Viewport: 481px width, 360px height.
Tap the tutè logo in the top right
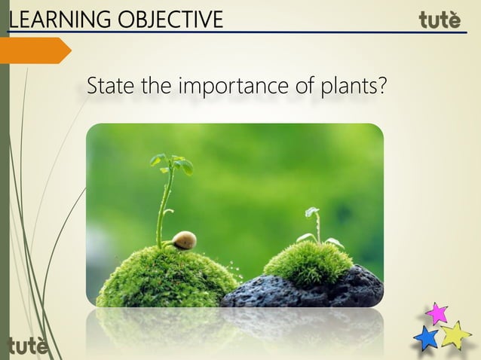(x=440, y=20)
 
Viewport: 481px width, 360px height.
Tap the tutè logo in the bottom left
(x=27, y=346)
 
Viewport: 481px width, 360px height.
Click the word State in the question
(x=109, y=87)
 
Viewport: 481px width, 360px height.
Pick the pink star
(x=436, y=313)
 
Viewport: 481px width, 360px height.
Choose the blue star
(x=426, y=338)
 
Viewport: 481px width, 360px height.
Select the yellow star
(x=455, y=334)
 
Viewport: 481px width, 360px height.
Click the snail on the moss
(x=183, y=240)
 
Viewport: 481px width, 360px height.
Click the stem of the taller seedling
(x=163, y=211)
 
